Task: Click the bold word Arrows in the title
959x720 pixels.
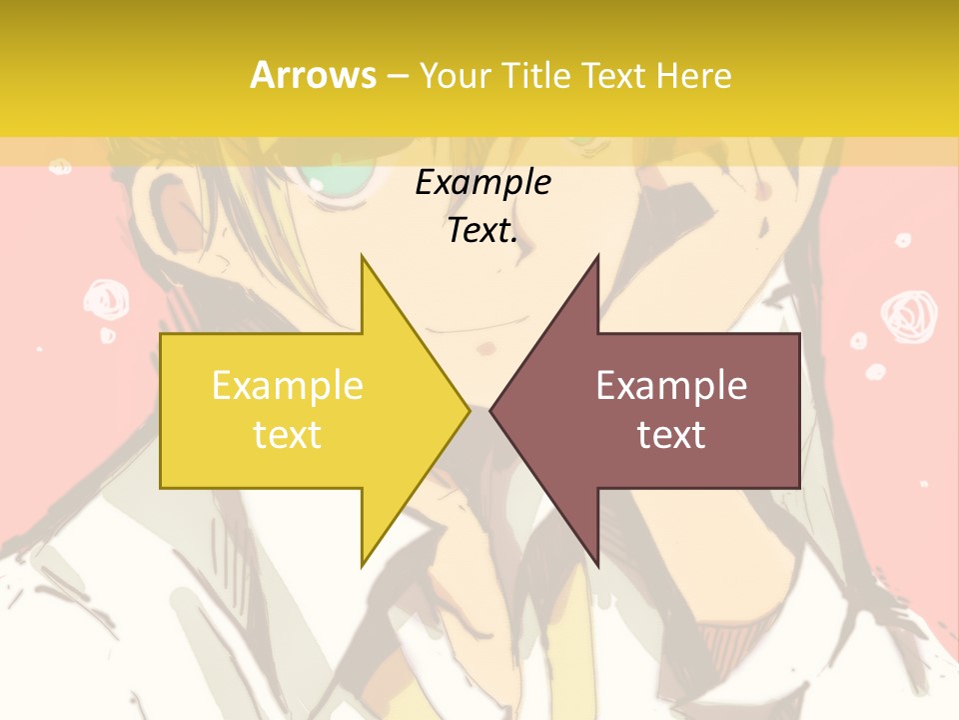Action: click(313, 75)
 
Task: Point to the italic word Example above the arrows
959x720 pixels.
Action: click(483, 182)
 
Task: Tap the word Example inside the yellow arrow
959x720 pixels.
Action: click(287, 386)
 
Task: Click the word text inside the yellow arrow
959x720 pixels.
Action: click(287, 434)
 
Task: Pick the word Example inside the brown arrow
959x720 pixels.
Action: click(671, 386)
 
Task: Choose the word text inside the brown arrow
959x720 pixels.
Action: click(671, 434)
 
